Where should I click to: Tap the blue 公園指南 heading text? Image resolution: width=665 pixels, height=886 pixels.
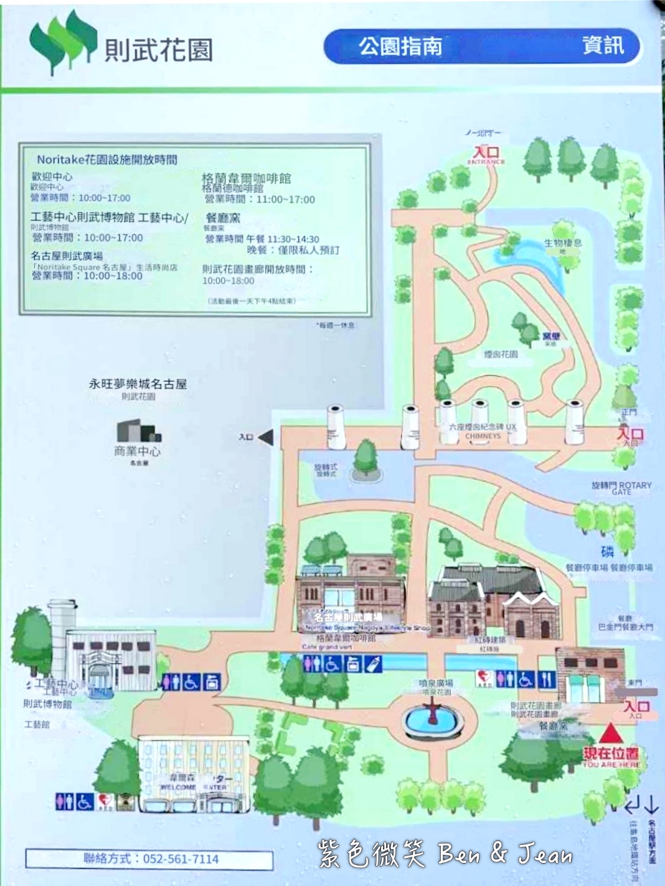[400, 46]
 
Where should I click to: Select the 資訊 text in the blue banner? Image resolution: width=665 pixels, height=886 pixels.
[602, 45]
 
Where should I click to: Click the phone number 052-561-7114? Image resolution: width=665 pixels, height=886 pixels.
[181, 859]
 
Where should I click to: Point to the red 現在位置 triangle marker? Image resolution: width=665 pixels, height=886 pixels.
[611, 732]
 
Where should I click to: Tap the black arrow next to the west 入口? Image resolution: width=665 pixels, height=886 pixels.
[265, 437]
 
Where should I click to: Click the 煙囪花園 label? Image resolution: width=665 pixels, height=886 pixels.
[500, 354]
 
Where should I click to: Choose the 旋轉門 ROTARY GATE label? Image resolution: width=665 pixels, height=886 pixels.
[621, 487]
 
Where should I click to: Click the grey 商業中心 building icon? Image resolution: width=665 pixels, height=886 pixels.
[138, 431]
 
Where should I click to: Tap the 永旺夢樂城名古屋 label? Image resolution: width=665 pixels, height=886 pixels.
[138, 384]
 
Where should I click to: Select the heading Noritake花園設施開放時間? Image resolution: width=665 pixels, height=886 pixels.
[106, 159]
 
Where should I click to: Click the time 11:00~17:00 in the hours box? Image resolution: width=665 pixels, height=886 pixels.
[286, 199]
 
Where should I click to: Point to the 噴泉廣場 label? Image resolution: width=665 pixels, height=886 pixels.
[435, 683]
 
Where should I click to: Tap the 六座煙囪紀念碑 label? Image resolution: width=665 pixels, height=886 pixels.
[483, 427]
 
